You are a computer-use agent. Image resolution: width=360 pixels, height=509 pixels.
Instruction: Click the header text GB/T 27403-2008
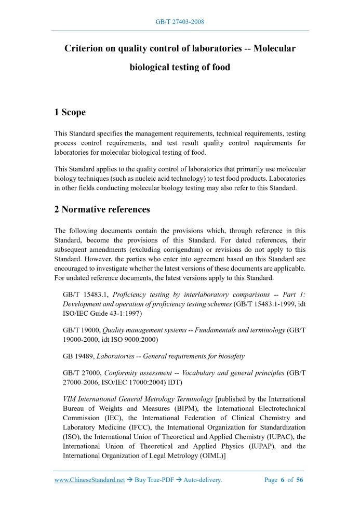tap(180, 22)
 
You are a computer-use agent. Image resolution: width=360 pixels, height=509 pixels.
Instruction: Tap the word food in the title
tap(220, 68)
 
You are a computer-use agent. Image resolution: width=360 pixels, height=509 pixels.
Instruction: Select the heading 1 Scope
tap(70, 112)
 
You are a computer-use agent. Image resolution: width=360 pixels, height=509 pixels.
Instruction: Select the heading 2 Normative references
tap(102, 210)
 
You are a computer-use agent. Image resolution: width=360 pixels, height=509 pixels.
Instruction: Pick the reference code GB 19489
tap(78, 356)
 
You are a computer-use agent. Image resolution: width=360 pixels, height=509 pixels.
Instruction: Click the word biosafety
tap(231, 356)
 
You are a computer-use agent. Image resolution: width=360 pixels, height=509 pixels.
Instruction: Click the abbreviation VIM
tap(70, 399)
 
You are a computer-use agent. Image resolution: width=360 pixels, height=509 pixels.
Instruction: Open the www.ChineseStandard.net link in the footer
tap(89, 480)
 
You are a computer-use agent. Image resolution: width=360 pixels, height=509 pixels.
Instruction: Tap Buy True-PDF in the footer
tap(154, 480)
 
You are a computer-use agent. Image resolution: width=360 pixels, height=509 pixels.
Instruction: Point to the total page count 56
tap(300, 480)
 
